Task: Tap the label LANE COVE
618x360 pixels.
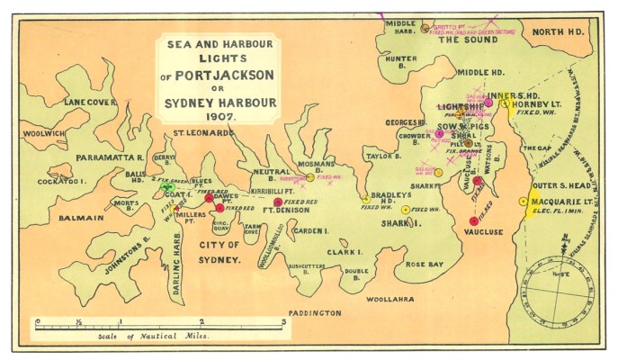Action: click(x=90, y=103)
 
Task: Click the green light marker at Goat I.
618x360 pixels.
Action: click(x=167, y=186)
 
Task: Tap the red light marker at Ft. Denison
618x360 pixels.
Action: click(x=278, y=202)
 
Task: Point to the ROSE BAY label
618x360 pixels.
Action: click(x=425, y=265)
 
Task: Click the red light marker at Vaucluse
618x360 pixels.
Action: click(x=473, y=220)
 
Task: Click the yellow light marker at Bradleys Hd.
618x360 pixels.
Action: click(x=365, y=199)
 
